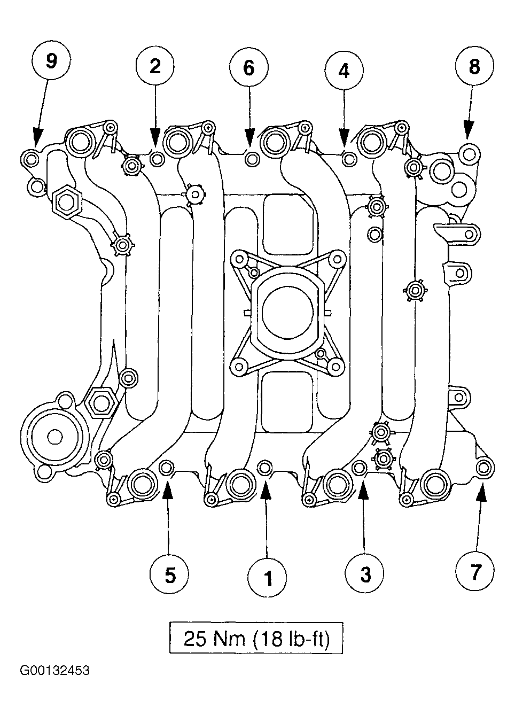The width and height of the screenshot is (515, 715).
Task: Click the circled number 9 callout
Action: (52, 60)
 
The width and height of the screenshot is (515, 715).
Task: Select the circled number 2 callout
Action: (155, 67)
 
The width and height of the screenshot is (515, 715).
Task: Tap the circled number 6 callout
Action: (249, 68)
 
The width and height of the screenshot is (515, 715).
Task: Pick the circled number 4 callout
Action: (344, 71)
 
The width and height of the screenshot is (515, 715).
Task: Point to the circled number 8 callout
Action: (474, 66)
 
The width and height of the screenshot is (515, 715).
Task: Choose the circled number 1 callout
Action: (268, 578)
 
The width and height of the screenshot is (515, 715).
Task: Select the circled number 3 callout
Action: (365, 573)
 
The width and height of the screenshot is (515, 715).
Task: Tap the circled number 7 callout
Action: (475, 570)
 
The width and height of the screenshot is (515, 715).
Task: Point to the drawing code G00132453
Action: (55, 679)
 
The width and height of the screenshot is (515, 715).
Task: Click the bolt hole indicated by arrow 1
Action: (264, 468)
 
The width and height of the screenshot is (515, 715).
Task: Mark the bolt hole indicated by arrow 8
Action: (469, 154)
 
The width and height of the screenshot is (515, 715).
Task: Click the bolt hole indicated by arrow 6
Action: (252, 159)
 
